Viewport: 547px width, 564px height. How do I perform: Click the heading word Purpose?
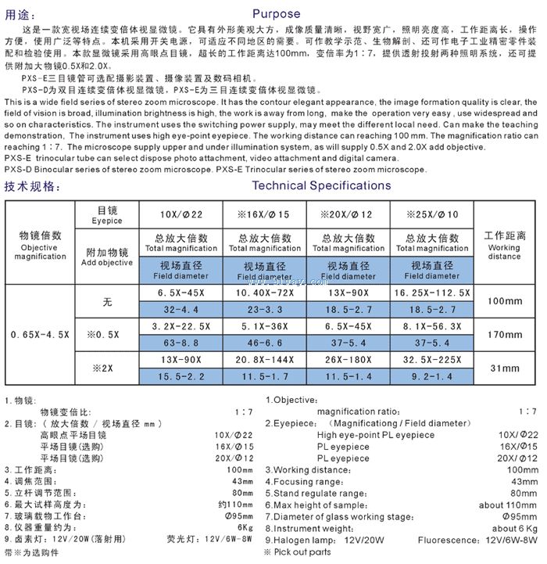pos(276,13)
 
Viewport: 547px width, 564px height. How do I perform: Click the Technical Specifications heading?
pos(321,185)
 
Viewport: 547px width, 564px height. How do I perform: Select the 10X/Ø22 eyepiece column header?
pos(181,215)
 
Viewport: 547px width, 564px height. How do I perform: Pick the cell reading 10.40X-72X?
pos(264,293)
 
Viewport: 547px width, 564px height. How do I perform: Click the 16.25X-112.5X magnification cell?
pos(432,293)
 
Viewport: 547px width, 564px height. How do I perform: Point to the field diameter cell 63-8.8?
pos(181,342)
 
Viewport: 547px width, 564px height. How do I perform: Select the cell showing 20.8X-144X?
pos(264,360)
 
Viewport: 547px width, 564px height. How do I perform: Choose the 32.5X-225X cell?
pos(432,360)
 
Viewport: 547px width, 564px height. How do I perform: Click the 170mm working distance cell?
pos(504,333)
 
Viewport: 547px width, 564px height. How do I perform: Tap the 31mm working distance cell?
pos(504,368)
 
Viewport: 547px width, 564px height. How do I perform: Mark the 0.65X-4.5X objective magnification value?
pos(40,334)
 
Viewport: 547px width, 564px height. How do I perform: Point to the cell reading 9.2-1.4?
pos(432,376)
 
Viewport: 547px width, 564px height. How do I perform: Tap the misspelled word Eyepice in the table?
pos(109,221)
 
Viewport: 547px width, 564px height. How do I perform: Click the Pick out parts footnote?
pos(302,552)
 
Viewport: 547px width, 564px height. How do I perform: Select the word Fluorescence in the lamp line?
pos(448,541)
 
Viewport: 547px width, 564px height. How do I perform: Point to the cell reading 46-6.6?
pos(264,342)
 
